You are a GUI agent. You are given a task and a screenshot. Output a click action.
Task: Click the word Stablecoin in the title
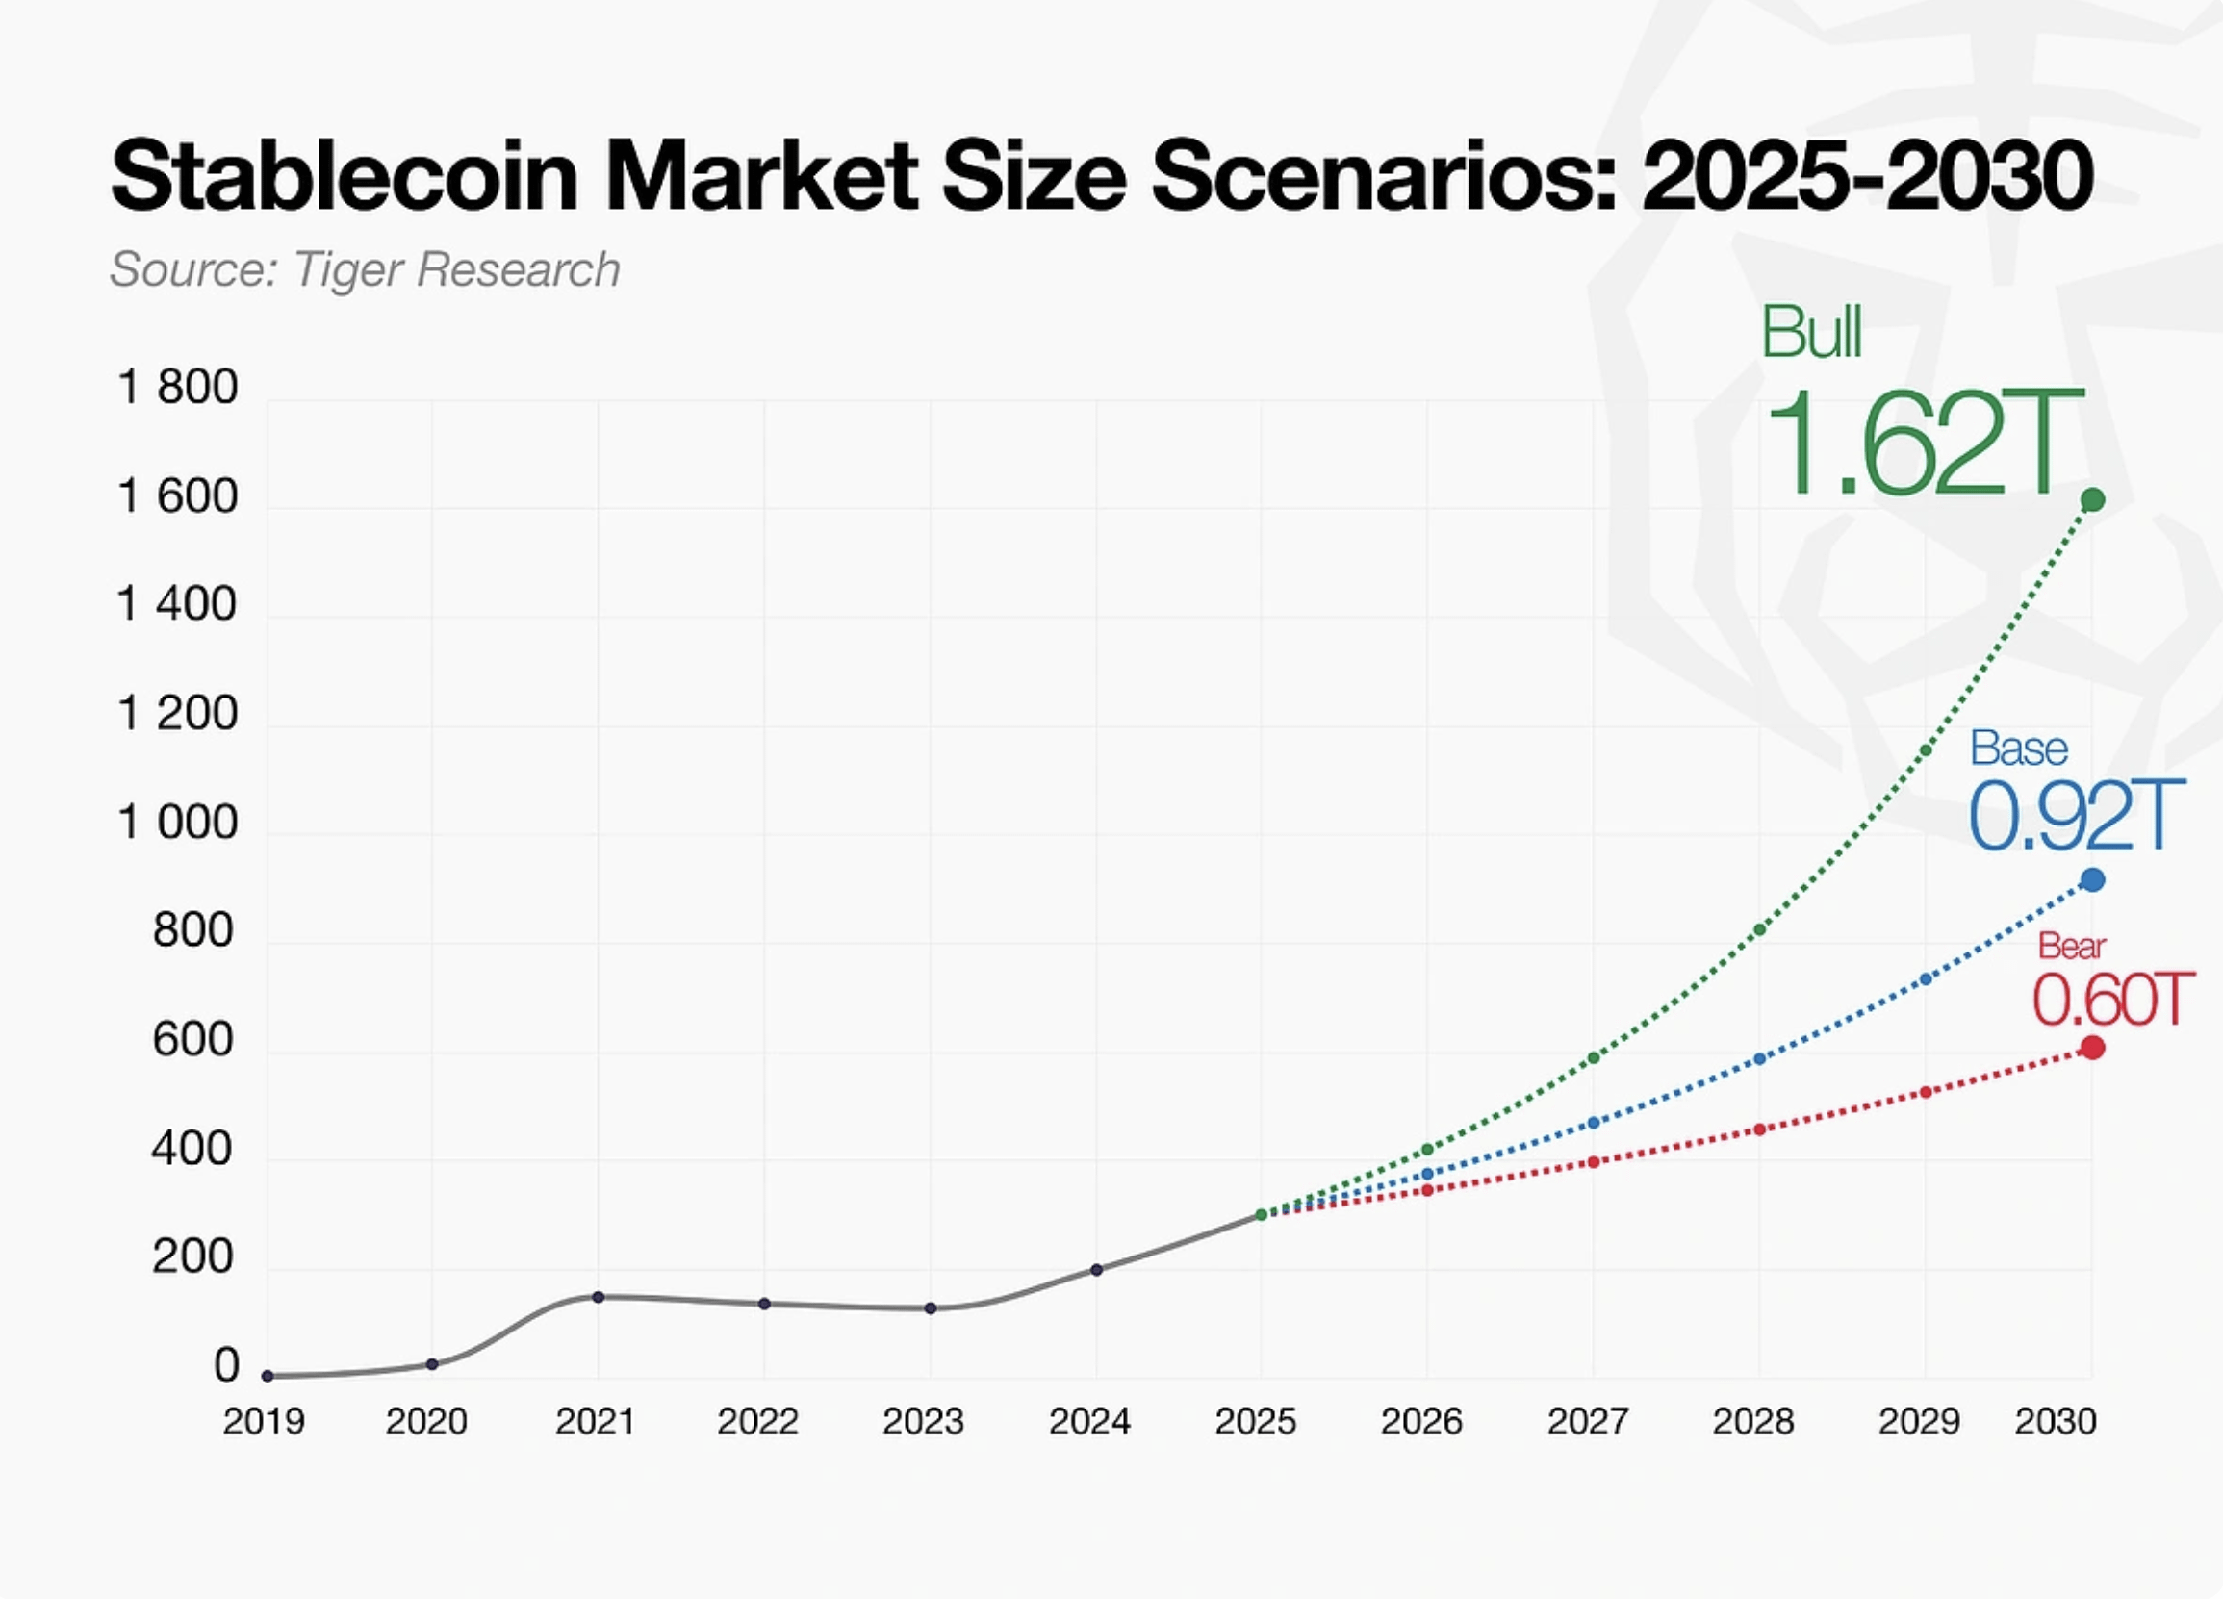tap(345, 177)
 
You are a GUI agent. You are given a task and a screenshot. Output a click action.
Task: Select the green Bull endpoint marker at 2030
tap(2092, 500)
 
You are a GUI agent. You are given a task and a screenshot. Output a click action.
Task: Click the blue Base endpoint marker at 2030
tap(2092, 880)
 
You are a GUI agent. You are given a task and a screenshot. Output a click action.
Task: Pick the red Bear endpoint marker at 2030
tap(2092, 1049)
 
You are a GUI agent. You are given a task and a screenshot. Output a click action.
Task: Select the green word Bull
tap(1810, 332)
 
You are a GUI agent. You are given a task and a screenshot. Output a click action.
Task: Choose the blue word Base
tap(2018, 749)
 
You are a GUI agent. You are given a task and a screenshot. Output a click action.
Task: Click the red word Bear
tap(2071, 946)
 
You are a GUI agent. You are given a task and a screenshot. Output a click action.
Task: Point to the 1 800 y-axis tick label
tap(177, 388)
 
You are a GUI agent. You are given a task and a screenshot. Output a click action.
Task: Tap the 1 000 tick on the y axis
tap(177, 823)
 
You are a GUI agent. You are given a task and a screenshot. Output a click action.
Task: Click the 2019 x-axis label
tap(264, 1422)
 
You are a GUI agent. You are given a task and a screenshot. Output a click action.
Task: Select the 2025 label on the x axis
tap(1256, 1422)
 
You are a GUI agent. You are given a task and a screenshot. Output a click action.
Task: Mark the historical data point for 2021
tap(598, 1297)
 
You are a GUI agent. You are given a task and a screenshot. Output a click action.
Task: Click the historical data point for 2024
tap(1097, 1270)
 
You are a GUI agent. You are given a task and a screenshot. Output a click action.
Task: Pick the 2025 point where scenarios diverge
tap(1262, 1215)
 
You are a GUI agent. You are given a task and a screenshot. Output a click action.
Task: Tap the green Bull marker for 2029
tap(1925, 750)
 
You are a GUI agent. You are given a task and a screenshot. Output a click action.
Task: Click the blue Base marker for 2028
tap(1759, 1059)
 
